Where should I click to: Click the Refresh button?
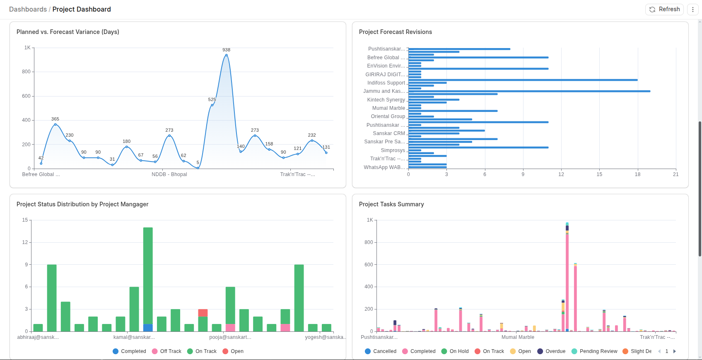tap(664, 9)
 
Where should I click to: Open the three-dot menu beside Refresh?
tap(693, 9)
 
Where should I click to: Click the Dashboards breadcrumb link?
tap(28, 9)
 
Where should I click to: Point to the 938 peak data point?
tap(226, 55)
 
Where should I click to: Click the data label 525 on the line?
tap(212, 99)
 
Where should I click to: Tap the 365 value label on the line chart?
tap(55, 119)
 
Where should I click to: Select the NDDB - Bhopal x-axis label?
tap(169, 174)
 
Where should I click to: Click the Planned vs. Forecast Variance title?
tap(68, 32)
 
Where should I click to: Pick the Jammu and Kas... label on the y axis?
tap(384, 91)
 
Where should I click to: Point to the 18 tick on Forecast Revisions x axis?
tap(637, 174)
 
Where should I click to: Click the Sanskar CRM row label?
tap(388, 133)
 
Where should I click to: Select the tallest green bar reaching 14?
tap(148, 273)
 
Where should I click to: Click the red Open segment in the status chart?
tap(203, 313)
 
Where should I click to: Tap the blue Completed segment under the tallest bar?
tap(148, 328)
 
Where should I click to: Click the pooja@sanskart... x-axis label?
tap(230, 337)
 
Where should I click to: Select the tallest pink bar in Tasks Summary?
tap(567, 282)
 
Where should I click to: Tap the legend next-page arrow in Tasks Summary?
tap(674, 351)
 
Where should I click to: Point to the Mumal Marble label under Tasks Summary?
tap(518, 337)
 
